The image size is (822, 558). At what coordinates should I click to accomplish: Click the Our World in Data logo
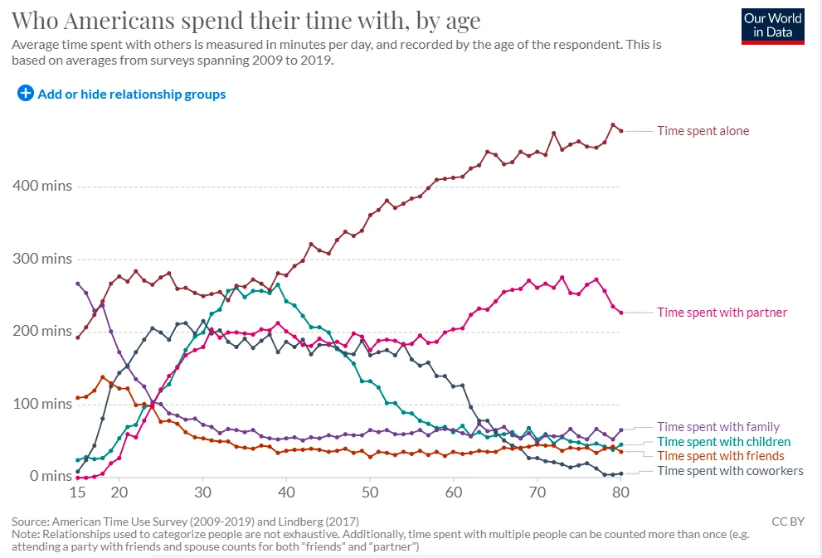click(x=772, y=25)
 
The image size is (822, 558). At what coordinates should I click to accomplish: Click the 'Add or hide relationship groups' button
click(x=121, y=95)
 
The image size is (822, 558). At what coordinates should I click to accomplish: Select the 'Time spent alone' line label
click(x=703, y=131)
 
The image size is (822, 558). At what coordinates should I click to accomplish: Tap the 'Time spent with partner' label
click(x=722, y=313)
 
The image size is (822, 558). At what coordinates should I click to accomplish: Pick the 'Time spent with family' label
click(x=718, y=427)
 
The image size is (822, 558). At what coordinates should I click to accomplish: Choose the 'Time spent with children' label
click(x=723, y=442)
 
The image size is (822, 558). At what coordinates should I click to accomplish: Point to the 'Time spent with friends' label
click(x=720, y=456)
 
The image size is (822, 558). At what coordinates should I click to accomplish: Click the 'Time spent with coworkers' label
click(x=730, y=471)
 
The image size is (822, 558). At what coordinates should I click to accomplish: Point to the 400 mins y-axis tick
click(x=42, y=186)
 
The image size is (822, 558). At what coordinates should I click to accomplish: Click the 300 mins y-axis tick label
click(x=42, y=259)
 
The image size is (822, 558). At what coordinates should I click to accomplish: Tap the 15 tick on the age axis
click(x=77, y=492)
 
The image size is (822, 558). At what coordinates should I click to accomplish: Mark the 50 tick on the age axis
click(x=370, y=492)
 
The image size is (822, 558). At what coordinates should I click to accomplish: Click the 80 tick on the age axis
click(x=620, y=492)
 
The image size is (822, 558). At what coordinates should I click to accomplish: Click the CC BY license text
click(x=787, y=522)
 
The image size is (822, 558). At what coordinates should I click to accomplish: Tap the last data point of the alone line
click(x=620, y=131)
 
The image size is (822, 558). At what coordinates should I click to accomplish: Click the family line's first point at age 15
click(x=77, y=284)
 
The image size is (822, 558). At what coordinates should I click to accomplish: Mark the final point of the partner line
click(x=620, y=313)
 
